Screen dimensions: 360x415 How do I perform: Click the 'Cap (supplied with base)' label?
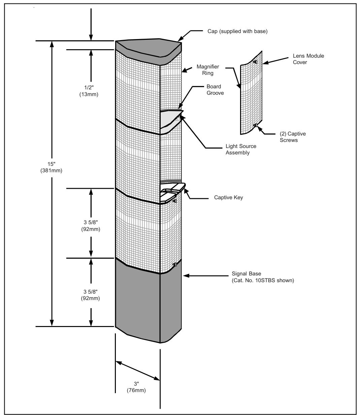click(x=237, y=31)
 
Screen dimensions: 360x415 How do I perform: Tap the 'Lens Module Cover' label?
click(x=308, y=59)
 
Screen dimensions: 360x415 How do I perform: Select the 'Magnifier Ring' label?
click(x=208, y=70)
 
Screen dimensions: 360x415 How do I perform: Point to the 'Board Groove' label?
click(x=215, y=90)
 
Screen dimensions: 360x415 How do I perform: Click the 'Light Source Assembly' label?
click(x=241, y=149)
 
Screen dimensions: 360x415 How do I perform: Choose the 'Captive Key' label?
click(x=228, y=197)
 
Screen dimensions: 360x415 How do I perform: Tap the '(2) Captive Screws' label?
click(x=293, y=137)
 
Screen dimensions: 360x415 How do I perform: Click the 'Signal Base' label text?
click(x=247, y=273)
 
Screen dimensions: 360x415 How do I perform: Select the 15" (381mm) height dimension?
click(x=51, y=167)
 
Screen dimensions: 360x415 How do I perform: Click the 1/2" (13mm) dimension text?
click(x=89, y=91)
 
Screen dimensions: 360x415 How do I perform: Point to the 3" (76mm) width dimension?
click(x=136, y=387)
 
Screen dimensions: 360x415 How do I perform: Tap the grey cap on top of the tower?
click(x=149, y=51)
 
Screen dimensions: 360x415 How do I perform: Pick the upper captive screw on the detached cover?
click(x=255, y=62)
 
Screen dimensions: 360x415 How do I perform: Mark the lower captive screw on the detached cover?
click(x=255, y=125)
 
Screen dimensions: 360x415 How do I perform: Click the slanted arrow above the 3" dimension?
click(x=138, y=370)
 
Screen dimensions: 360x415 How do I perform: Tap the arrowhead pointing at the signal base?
click(x=186, y=276)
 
